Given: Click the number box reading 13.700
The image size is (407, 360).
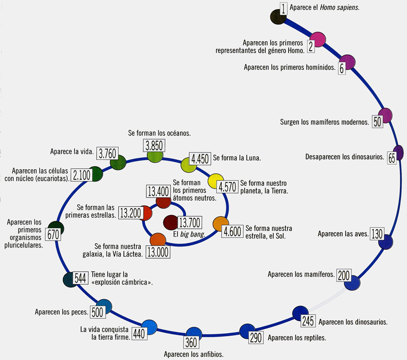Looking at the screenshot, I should [x=190, y=222].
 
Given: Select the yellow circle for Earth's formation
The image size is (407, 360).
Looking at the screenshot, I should [x=216, y=181].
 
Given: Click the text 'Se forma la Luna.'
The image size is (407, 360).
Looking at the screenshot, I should [x=237, y=157].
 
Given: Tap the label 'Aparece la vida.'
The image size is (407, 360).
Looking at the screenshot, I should [x=71, y=152].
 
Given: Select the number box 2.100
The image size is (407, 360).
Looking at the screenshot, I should [x=81, y=175].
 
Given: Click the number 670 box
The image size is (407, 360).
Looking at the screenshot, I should [x=52, y=235].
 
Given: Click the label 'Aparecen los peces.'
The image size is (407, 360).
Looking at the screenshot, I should [x=61, y=312].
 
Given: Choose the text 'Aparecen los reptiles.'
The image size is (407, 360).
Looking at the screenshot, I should [x=297, y=337].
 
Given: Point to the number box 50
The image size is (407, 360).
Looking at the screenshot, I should [x=377, y=122].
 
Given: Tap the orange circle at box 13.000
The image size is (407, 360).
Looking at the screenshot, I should [x=158, y=239].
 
